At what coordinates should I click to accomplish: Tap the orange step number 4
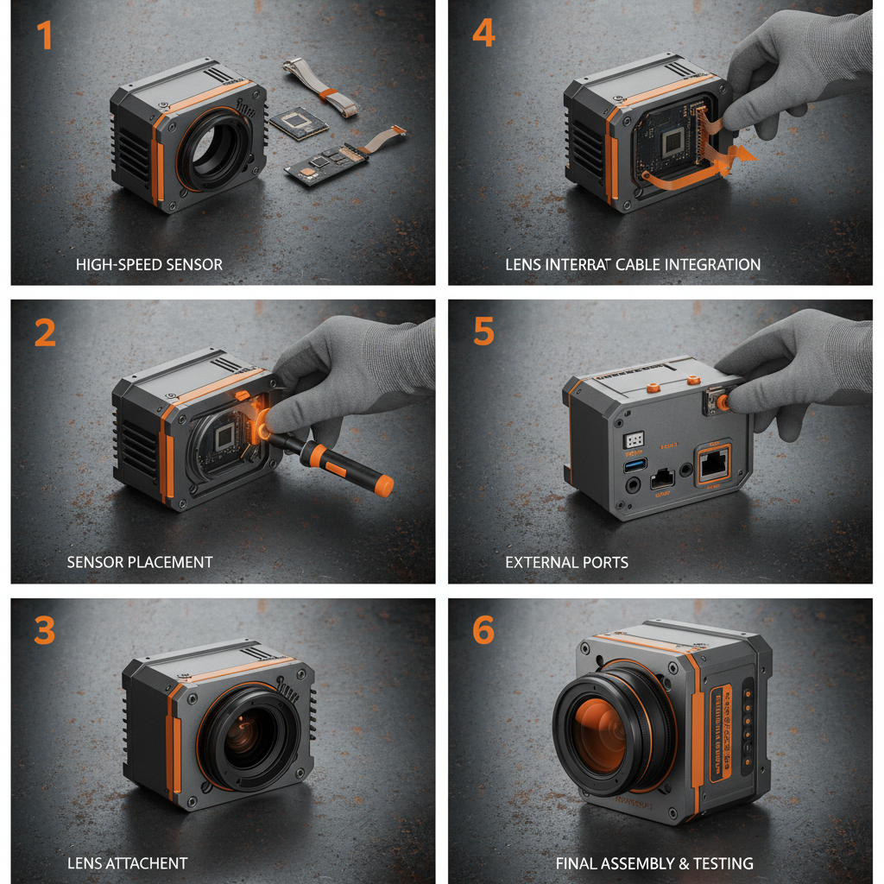484,32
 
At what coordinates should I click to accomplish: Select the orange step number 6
483,630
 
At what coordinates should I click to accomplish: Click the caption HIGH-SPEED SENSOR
148,264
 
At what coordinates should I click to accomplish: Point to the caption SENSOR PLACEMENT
140,562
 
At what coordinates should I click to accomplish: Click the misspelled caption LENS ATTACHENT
127,862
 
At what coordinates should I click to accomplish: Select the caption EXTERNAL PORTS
566,562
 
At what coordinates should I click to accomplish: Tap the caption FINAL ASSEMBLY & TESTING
654,862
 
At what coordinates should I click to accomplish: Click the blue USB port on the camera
635,465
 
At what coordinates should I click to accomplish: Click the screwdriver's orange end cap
384,485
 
